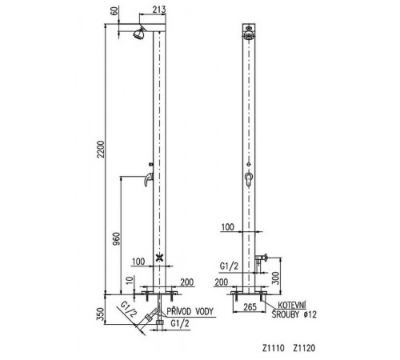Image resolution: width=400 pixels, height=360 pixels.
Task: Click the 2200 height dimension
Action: tap(102, 149)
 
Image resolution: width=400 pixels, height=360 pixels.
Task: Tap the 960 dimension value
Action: tap(117, 239)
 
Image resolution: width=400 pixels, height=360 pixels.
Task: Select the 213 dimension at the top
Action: tap(159, 10)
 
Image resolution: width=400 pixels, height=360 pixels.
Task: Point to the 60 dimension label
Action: tap(114, 11)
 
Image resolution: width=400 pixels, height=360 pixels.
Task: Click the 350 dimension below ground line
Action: tap(100, 314)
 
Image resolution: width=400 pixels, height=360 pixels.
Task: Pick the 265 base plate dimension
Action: tap(250, 307)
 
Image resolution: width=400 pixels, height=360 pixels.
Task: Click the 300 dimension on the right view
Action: tap(276, 278)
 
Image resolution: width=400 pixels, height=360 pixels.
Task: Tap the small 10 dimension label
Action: tap(129, 280)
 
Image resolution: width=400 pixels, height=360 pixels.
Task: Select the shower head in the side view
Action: tap(139, 33)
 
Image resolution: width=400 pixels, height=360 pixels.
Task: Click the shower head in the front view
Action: tap(249, 34)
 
